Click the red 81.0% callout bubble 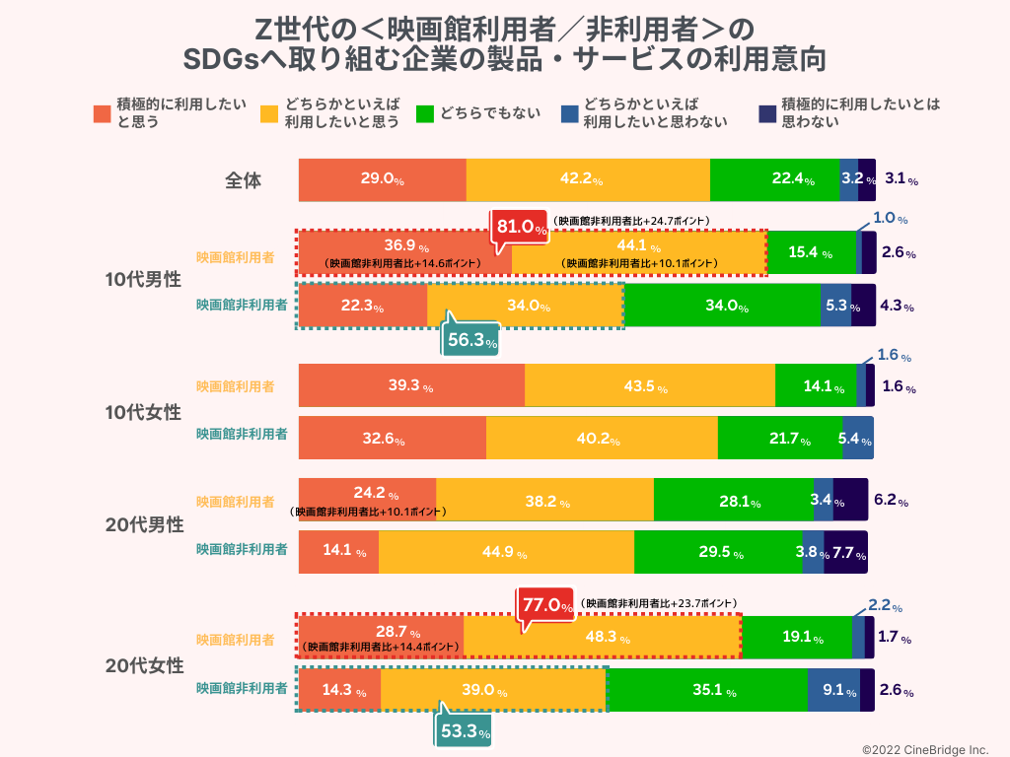tap(521, 228)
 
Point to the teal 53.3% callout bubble tap(463, 732)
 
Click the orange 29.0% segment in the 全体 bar tap(382, 179)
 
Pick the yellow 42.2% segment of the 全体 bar tap(588, 179)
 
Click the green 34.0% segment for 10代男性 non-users tap(721, 306)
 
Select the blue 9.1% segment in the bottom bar tap(833, 691)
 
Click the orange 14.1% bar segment tap(338, 553)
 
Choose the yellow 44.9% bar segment tap(505, 553)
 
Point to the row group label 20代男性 tap(144, 525)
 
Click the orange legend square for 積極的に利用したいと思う tap(103, 113)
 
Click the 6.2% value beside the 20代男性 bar tap(890, 500)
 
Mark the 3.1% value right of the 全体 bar tap(901, 179)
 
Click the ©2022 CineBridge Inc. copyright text tap(925, 748)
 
